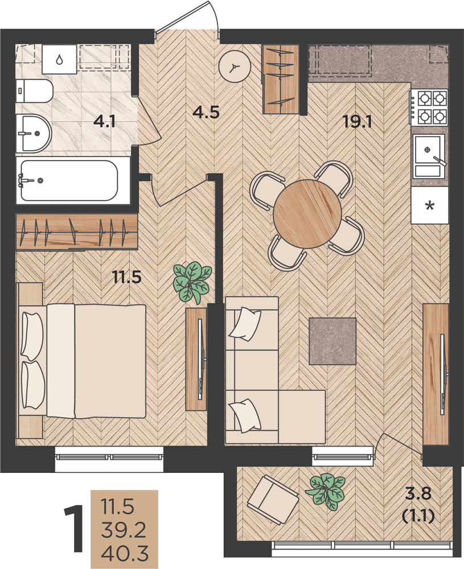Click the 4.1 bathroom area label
point(104,121)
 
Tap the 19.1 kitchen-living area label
point(358,122)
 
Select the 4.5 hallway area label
point(206,112)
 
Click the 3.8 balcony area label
point(418,493)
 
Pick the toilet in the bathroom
point(35,91)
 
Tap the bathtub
point(69,180)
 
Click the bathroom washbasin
point(34,134)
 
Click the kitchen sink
point(429,156)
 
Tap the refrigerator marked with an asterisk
point(430,205)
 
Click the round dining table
point(307,214)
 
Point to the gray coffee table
point(332,341)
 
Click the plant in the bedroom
point(192,282)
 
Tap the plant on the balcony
point(325,492)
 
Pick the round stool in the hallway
point(235,67)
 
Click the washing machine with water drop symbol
point(60,59)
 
